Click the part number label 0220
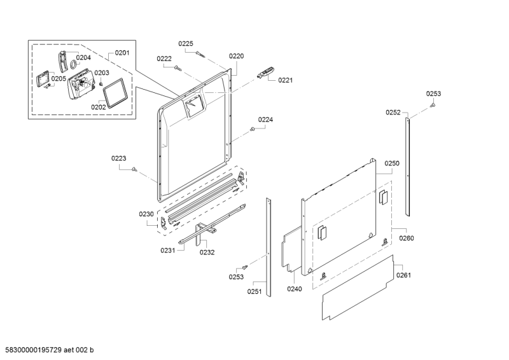point(236,57)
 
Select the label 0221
point(285,80)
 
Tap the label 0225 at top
point(185,44)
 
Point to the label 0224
point(265,120)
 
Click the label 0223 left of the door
point(119,158)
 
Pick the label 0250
point(391,163)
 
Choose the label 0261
point(404,275)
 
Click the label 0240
point(294,289)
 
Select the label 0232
point(207,252)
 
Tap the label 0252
point(393,113)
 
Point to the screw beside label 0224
point(253,129)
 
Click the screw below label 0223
point(135,169)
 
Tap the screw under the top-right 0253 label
point(432,106)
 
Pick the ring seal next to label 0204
point(74,64)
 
